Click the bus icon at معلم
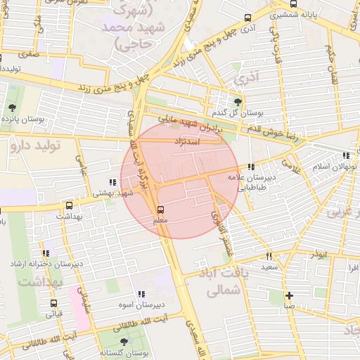point(160,210)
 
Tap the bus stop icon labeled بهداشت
point(69,206)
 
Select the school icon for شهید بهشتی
point(112,182)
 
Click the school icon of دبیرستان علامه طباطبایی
point(251,167)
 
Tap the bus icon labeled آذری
point(246,18)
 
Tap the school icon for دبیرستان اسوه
point(141,294)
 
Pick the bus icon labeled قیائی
point(53,303)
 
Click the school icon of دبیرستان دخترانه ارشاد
point(46,253)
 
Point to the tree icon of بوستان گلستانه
point(124,342)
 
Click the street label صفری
point(28,53)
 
